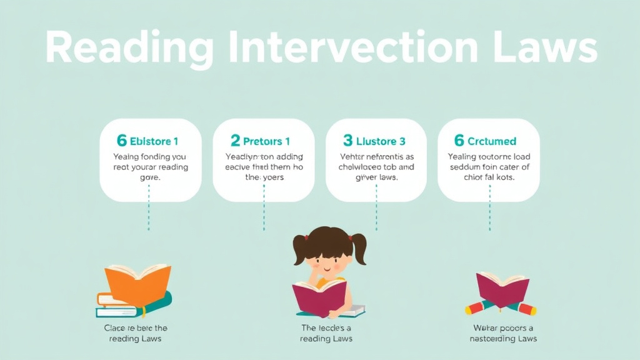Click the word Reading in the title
pyautogui.click(x=122, y=48)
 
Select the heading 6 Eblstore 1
pyautogui.click(x=148, y=141)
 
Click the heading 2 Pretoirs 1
pyautogui.click(x=261, y=141)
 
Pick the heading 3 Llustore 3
pyautogui.click(x=374, y=141)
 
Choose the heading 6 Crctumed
pyautogui.click(x=485, y=141)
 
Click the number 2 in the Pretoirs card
pyautogui.click(x=235, y=141)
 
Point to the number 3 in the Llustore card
pyautogui.click(x=347, y=141)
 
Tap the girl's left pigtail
pyautogui.click(x=301, y=249)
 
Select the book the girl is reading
pyautogui.click(x=319, y=296)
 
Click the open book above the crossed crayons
pyautogui.click(x=502, y=288)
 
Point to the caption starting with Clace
pyautogui.click(x=135, y=333)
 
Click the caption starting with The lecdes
pyautogui.click(x=326, y=333)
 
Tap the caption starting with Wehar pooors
pyautogui.click(x=502, y=333)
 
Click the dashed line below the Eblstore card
pyautogui.click(x=149, y=216)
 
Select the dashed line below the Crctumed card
pyautogui.click(x=489, y=216)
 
